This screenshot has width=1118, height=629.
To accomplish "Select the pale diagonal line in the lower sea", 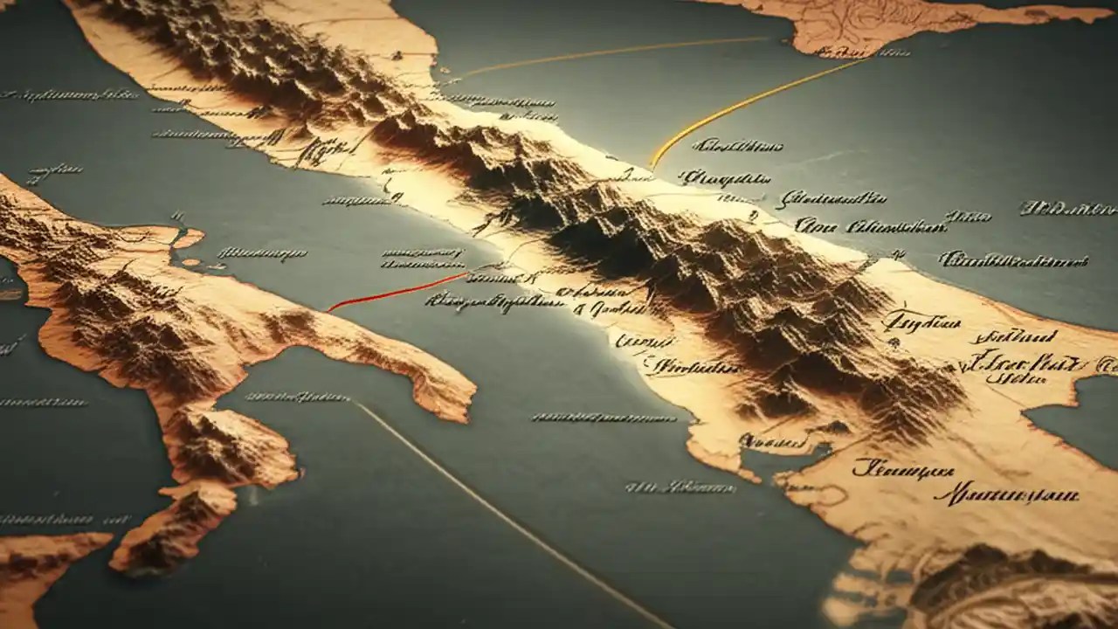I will (507, 515).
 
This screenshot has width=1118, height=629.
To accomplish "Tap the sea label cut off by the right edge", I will (1070, 208).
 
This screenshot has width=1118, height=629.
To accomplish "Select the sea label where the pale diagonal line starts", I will (297, 397).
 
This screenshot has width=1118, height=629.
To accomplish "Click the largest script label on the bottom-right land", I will (1004, 496).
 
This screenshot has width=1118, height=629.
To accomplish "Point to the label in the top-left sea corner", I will (70, 94).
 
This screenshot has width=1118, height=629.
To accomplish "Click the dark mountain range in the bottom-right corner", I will (1004, 585).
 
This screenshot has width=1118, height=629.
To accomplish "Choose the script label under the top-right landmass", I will (860, 52).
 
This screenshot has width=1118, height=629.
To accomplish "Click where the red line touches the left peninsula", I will (330, 310).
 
